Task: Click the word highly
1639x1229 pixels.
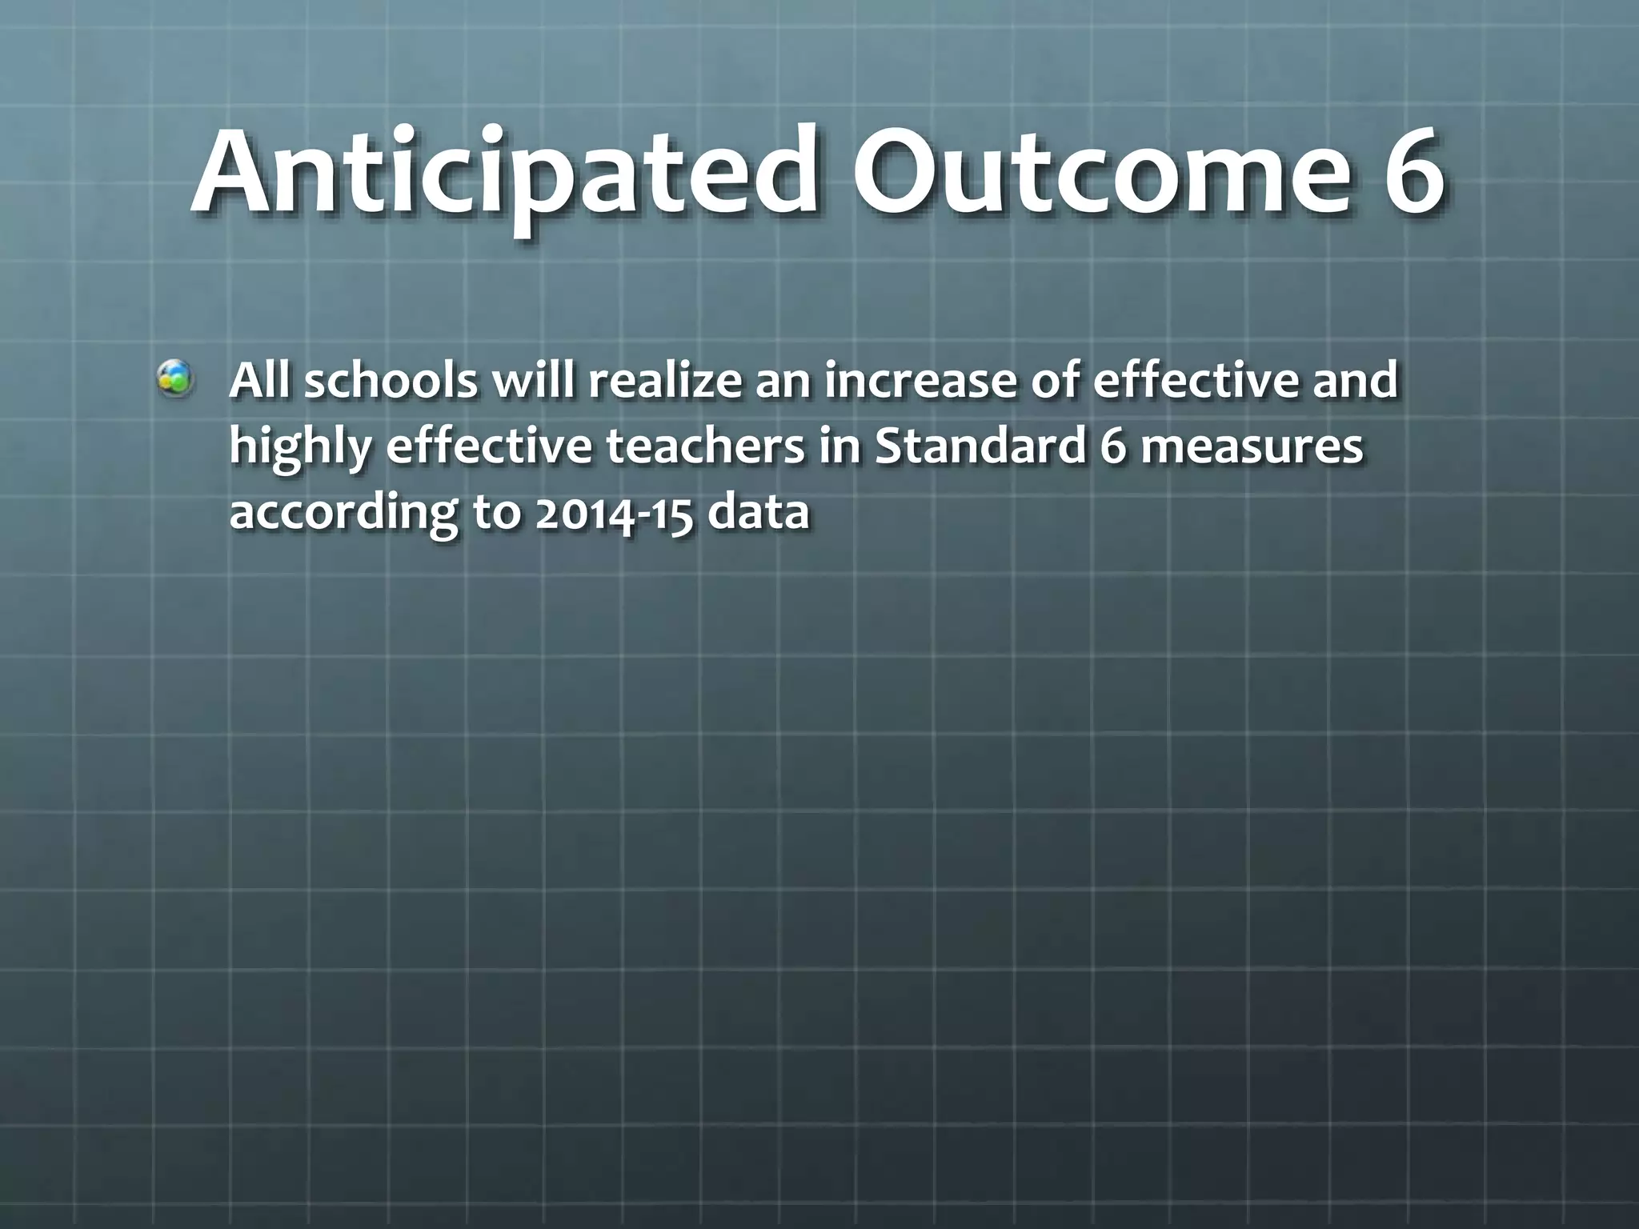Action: pos(300,448)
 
